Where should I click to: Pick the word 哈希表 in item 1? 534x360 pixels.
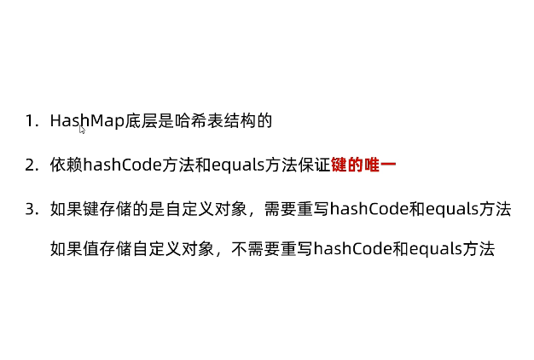(x=199, y=120)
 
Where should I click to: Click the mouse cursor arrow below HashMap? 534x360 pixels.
(x=83, y=130)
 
